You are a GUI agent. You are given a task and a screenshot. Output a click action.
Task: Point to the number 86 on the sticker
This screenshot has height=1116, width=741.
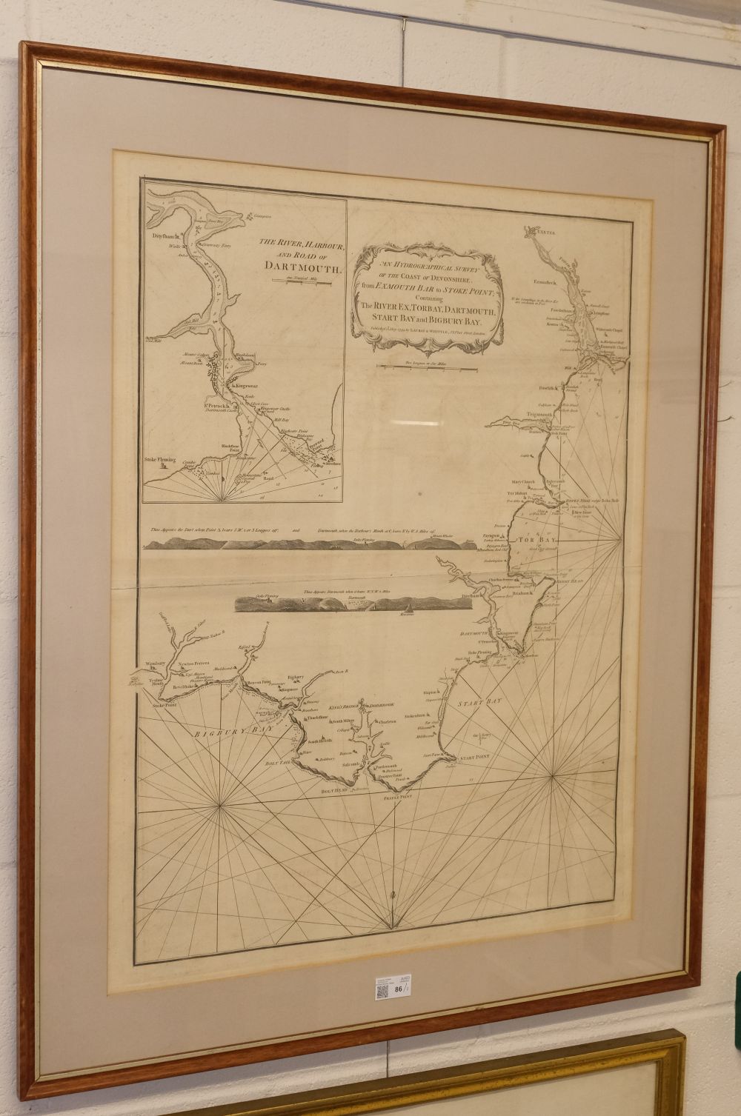tap(398, 988)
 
